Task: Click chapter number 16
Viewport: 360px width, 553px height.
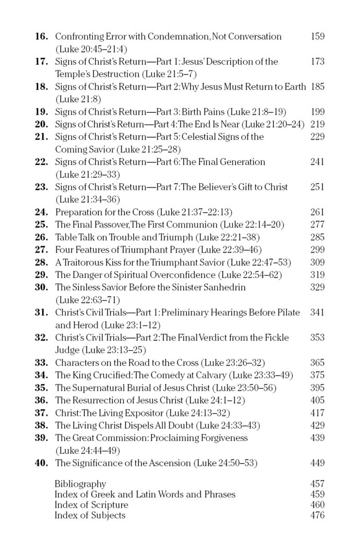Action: [x=42, y=37]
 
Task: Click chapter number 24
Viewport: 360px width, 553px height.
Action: [x=42, y=212]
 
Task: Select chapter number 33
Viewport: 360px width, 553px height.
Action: [x=42, y=362]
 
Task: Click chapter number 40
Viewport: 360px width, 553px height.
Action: [x=42, y=462]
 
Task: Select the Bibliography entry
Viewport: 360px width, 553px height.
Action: [x=80, y=484]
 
